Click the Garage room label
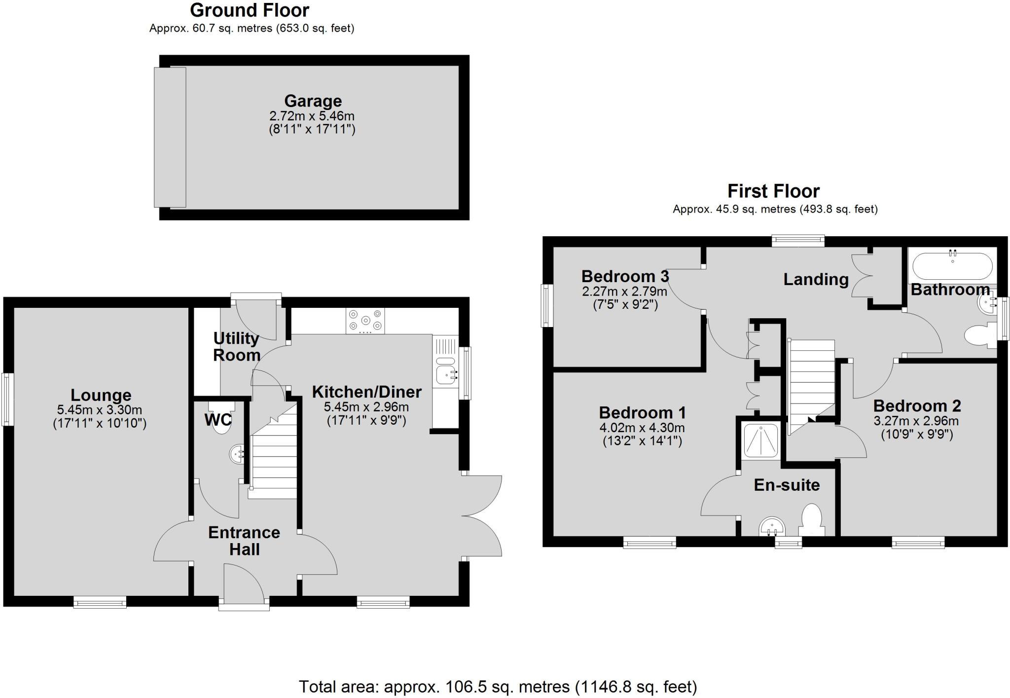(313, 101)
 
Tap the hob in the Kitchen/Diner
(365, 320)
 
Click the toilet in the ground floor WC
(221, 422)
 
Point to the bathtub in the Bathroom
(952, 267)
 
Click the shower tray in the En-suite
(761, 440)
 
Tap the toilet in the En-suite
(811, 520)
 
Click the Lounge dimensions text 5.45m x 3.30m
(100, 409)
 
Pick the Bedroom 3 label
(625, 276)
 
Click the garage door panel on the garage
(170, 137)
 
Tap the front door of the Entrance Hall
(244, 584)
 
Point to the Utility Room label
(236, 346)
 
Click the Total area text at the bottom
(498, 686)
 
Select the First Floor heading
(773, 191)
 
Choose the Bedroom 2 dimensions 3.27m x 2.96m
(916, 421)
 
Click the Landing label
(816, 279)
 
